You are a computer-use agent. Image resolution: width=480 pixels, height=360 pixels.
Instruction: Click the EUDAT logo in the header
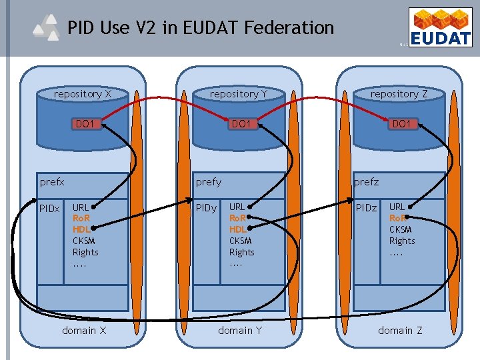pyautogui.click(x=440, y=29)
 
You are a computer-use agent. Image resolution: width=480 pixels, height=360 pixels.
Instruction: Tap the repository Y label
pyautogui.click(x=238, y=94)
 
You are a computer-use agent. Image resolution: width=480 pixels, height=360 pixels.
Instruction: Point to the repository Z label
pyautogui.click(x=399, y=94)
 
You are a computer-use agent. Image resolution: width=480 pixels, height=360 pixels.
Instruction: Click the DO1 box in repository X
pyautogui.click(x=85, y=124)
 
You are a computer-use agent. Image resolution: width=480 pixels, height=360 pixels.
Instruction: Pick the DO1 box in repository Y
pyautogui.click(x=240, y=124)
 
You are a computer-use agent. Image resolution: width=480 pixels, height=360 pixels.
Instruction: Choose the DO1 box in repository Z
pyautogui.click(x=401, y=124)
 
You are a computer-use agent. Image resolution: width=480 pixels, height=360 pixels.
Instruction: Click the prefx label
pyautogui.click(x=52, y=181)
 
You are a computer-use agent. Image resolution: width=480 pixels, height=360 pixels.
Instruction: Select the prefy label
pyautogui.click(x=208, y=181)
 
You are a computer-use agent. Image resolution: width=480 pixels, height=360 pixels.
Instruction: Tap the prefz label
pyautogui.click(x=366, y=181)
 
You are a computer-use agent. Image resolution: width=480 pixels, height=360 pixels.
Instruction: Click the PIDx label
pyautogui.click(x=49, y=209)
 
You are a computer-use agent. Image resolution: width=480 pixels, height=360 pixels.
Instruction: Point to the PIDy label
pyautogui.click(x=206, y=209)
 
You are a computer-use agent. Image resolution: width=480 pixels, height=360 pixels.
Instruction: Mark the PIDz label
pyautogui.click(x=366, y=209)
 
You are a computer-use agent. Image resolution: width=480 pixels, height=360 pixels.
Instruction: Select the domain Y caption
pyautogui.click(x=240, y=331)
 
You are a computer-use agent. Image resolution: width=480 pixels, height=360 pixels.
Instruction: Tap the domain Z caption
pyautogui.click(x=400, y=331)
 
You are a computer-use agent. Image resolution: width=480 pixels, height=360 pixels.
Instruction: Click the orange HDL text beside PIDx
pyautogui.click(x=81, y=229)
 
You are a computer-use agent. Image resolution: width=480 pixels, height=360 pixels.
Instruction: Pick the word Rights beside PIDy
pyautogui.click(x=241, y=252)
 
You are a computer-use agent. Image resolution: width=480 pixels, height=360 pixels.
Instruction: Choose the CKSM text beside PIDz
pyautogui.click(x=401, y=229)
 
